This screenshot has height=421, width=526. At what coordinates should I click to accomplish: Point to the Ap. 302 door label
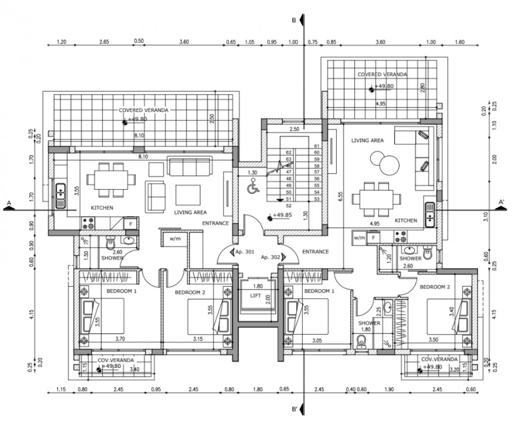(x=271, y=256)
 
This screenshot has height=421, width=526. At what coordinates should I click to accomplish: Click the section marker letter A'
(x=501, y=202)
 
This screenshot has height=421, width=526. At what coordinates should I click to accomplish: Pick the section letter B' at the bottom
(x=296, y=409)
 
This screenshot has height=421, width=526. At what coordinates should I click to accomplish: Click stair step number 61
(x=317, y=146)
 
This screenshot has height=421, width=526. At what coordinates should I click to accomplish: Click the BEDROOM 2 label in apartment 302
(x=435, y=287)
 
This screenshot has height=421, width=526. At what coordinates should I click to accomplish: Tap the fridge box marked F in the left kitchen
(x=131, y=224)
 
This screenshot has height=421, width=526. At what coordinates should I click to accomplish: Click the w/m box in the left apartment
(x=174, y=239)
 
